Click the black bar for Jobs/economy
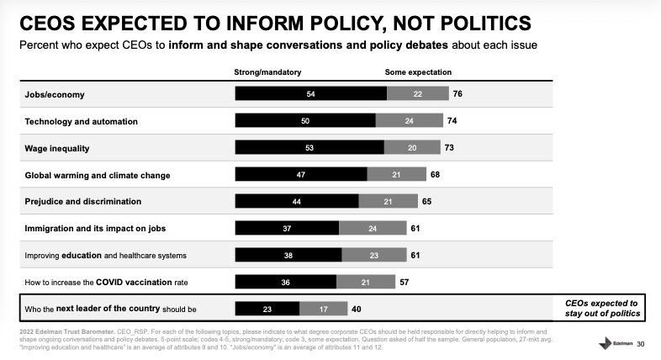click(x=310, y=93)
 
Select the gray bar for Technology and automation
click(x=409, y=120)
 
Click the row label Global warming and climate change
click(x=98, y=175)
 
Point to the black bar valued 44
click(x=296, y=202)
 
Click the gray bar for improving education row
click(x=375, y=255)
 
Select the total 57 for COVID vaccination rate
click(x=404, y=282)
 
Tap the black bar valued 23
click(x=267, y=309)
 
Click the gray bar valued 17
click(x=323, y=309)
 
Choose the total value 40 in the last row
click(x=357, y=309)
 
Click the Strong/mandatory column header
click(x=267, y=71)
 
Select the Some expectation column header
click(x=418, y=71)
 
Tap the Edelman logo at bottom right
click(x=613, y=343)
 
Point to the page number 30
click(x=641, y=344)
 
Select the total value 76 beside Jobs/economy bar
click(x=457, y=93)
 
